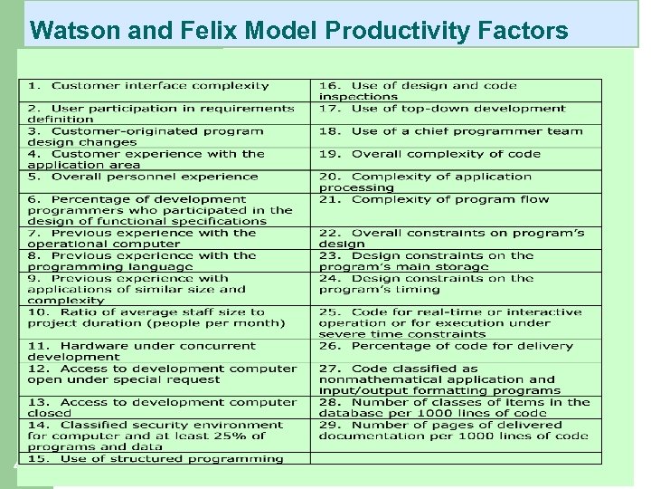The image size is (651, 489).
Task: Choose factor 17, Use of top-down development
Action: (458, 109)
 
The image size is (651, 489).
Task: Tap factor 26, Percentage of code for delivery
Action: (461, 346)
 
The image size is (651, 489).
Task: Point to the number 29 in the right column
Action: (328, 425)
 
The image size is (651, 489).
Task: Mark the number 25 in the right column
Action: (328, 312)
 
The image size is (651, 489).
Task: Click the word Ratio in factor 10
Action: (77, 312)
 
